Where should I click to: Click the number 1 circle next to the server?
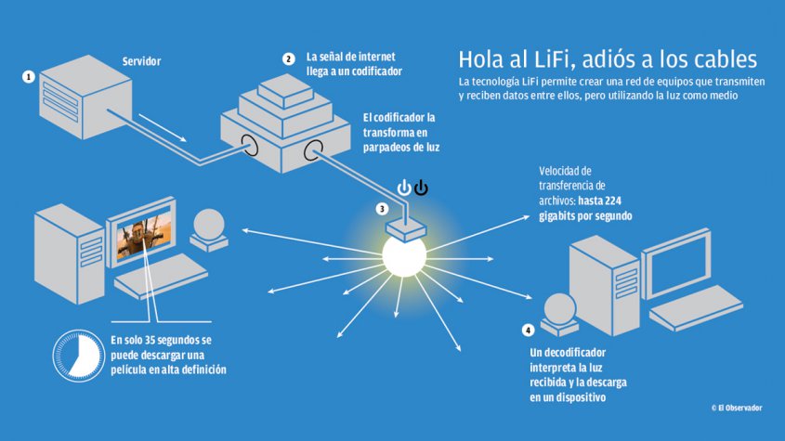pos(30,76)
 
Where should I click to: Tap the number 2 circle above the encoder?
pos(289,58)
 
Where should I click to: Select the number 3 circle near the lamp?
pos(382,209)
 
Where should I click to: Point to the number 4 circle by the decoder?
pos(529,330)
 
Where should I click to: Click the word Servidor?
pos(141,61)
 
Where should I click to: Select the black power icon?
pos(422,188)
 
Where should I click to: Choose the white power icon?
pos(404,188)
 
